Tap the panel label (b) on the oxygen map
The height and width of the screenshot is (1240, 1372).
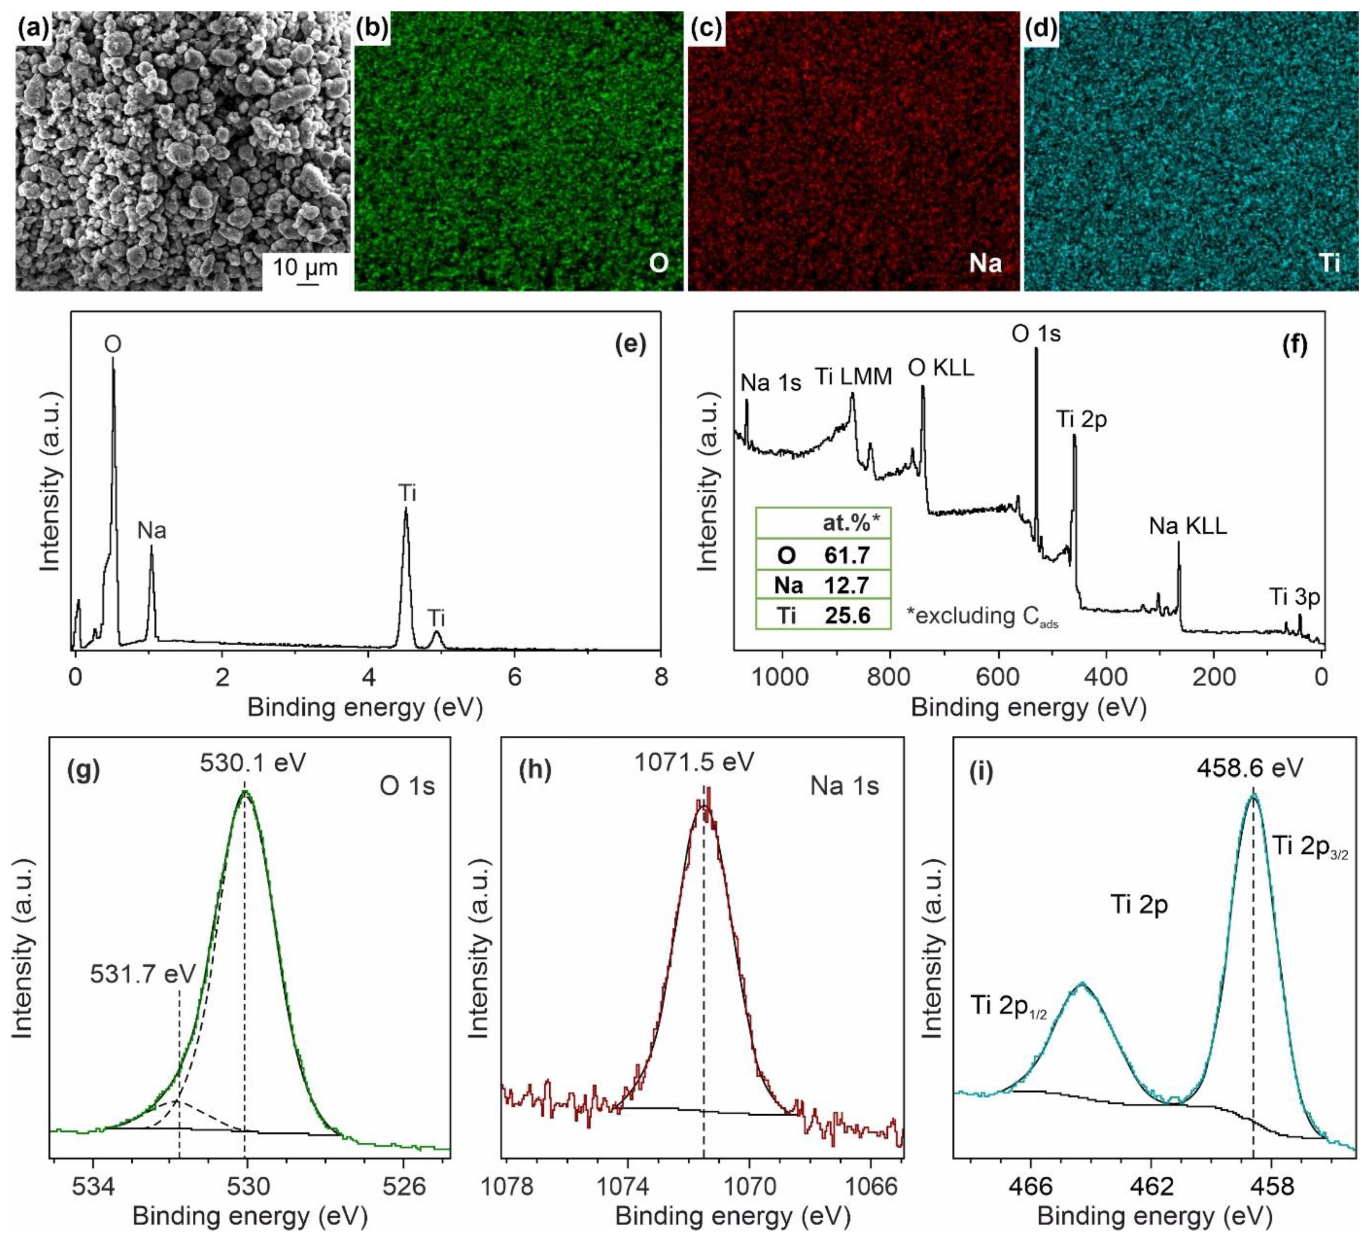(372, 28)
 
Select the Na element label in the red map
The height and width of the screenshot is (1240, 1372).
(985, 263)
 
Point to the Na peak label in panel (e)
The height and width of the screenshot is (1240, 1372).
(152, 531)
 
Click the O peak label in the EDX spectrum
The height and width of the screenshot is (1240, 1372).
(113, 344)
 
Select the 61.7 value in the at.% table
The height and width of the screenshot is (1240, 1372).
(847, 555)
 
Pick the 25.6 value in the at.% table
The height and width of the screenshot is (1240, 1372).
(847, 615)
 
